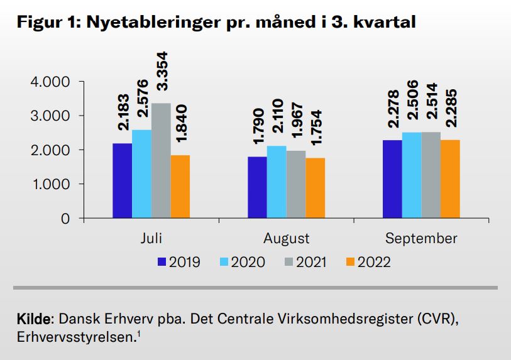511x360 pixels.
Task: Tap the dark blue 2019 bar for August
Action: (x=257, y=187)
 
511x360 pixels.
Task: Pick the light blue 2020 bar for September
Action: (x=411, y=175)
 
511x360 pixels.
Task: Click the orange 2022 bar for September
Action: (x=451, y=179)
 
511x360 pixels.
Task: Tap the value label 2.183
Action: (x=123, y=113)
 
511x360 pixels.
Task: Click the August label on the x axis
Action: (x=286, y=239)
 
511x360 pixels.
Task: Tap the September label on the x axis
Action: (x=421, y=239)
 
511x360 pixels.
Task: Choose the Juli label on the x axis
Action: (x=151, y=239)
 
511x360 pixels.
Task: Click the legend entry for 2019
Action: (x=179, y=262)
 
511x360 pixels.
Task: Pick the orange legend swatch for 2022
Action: (x=351, y=262)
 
